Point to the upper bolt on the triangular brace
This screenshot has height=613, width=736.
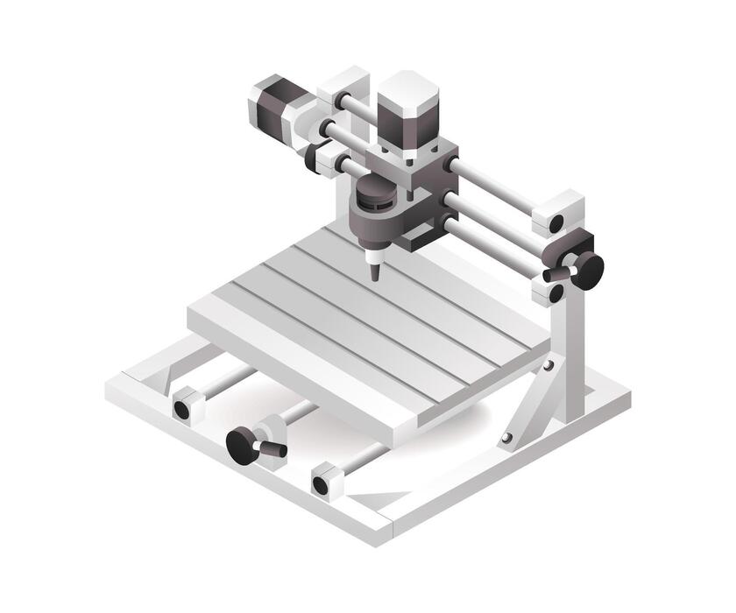click(548, 365)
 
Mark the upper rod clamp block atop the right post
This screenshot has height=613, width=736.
click(557, 214)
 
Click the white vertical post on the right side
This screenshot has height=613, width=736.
click(570, 350)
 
